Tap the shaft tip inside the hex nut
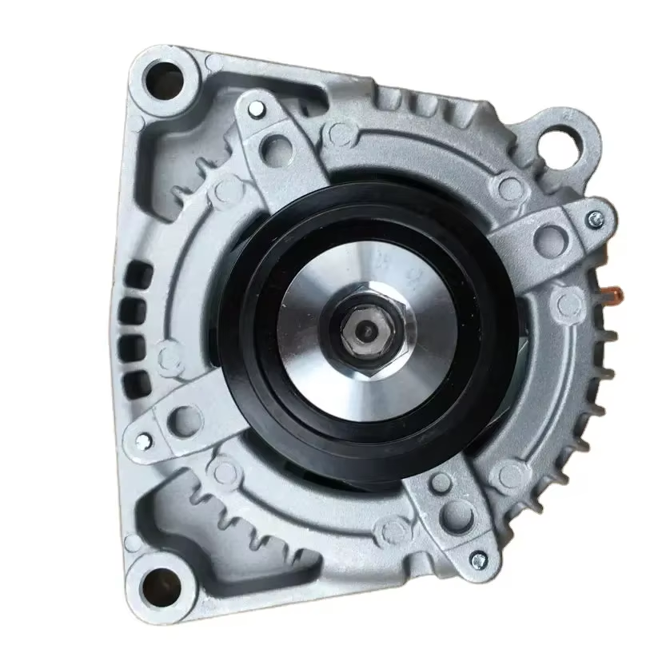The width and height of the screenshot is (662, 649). pyautogui.click(x=366, y=328)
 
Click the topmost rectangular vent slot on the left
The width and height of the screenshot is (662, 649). pyautogui.click(x=141, y=270)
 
